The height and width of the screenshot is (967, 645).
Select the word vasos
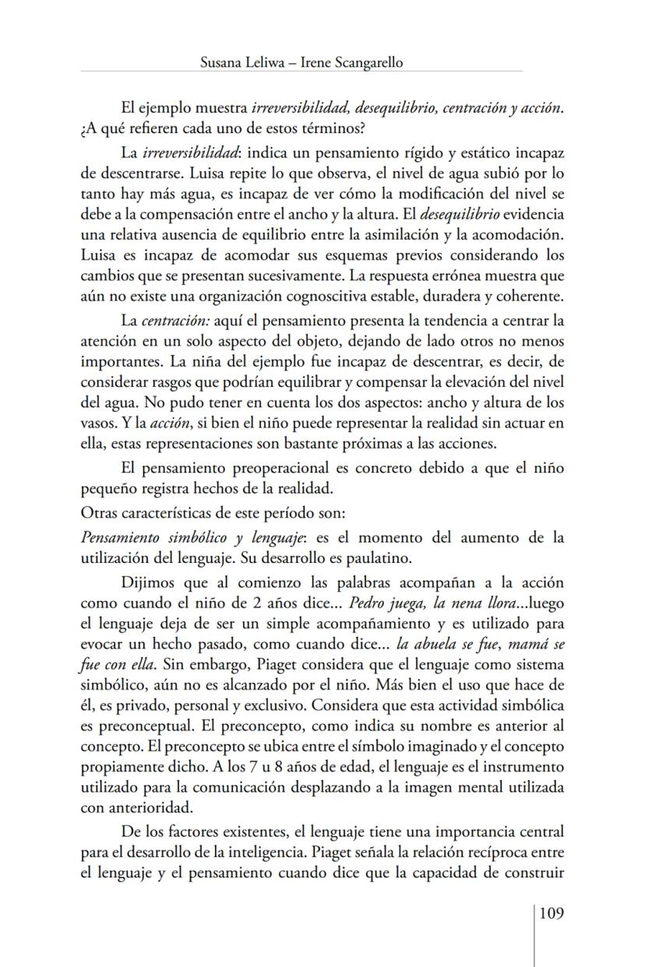pos(97,423)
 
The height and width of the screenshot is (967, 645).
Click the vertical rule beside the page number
pos(534,934)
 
